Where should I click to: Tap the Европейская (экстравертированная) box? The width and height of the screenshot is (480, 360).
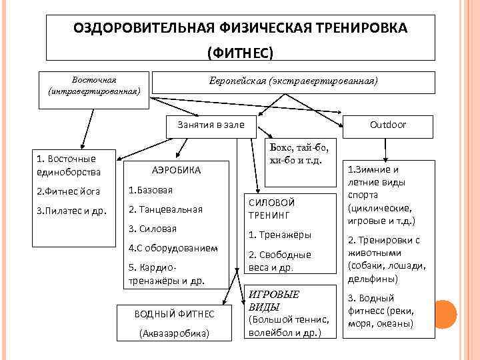pyautogui.click(x=293, y=81)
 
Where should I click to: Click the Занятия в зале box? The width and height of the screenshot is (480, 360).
pyautogui.click(x=211, y=125)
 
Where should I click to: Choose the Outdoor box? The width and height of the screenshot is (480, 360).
pyautogui.click(x=388, y=125)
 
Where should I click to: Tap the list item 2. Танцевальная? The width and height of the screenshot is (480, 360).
pyautogui.click(x=165, y=209)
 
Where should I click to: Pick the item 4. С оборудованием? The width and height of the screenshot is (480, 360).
pyautogui.click(x=173, y=248)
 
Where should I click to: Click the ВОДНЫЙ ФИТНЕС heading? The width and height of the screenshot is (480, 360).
pyautogui.click(x=175, y=313)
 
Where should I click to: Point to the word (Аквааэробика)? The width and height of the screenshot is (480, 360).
pyautogui.click(x=175, y=332)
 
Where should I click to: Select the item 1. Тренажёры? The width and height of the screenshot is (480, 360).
pyautogui.click(x=279, y=235)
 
